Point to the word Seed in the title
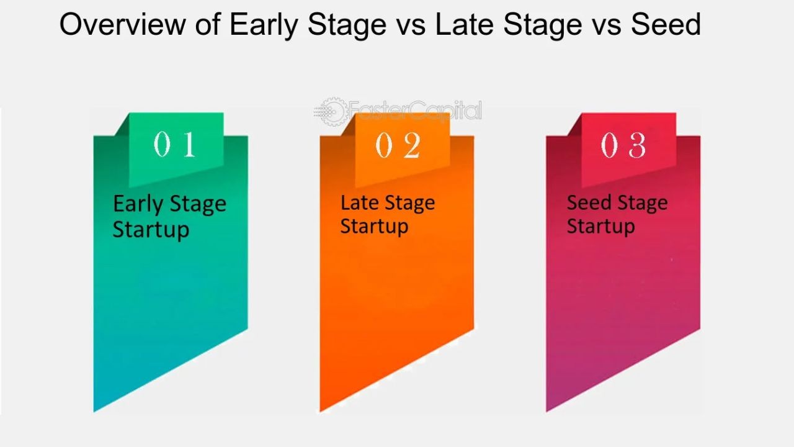coord(666,25)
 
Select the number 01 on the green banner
coord(175,145)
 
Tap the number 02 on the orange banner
coord(398,147)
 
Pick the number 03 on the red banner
coord(623,146)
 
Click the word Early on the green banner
coord(138,204)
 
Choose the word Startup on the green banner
coord(151,229)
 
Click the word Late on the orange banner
coord(360,202)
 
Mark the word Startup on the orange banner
coord(374,226)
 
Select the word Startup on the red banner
coord(600,226)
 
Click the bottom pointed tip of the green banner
coord(95,410)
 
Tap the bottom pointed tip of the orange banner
coord(321,410)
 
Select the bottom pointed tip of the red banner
coord(547,410)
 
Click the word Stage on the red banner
coord(641,204)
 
